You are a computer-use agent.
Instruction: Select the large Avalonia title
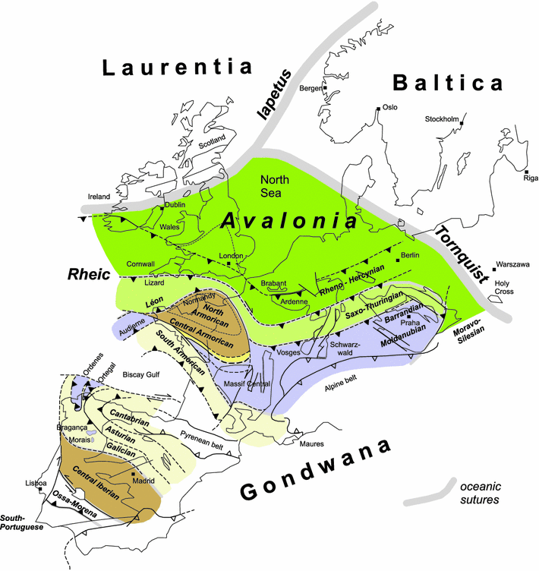289,222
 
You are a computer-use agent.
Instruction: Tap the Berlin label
410,255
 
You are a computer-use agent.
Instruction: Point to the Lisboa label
36,483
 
